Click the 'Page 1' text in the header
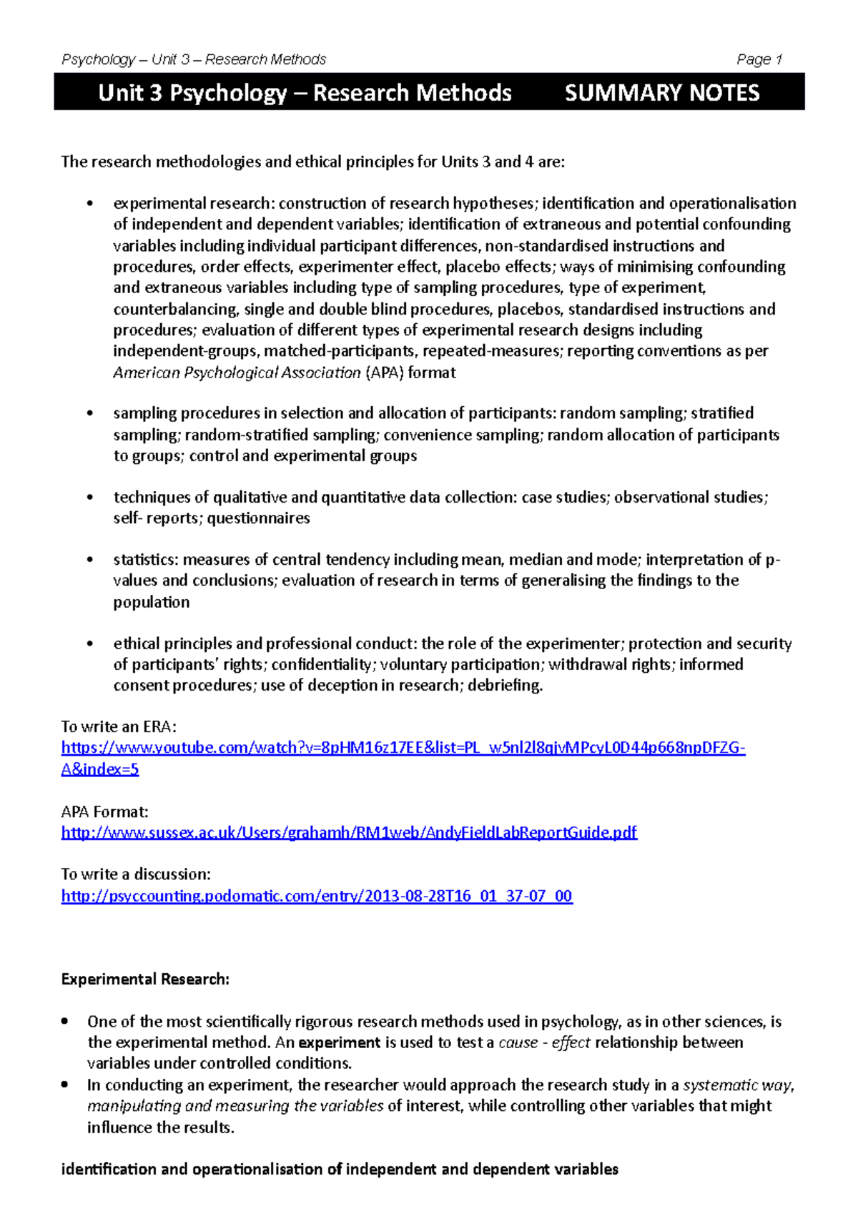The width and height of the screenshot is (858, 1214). (x=759, y=59)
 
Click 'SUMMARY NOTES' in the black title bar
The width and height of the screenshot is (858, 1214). (x=661, y=93)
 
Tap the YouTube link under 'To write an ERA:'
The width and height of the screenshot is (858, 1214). (x=403, y=748)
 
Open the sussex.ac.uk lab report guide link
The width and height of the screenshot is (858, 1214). (x=349, y=832)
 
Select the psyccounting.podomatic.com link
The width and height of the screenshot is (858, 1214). (x=317, y=896)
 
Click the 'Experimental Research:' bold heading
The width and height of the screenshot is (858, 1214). (x=145, y=979)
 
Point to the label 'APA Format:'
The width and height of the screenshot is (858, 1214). (x=104, y=811)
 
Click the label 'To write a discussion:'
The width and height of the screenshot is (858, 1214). (x=136, y=874)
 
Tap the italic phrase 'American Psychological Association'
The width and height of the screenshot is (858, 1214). (x=237, y=372)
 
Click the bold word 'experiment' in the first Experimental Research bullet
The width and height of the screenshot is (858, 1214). (x=339, y=1042)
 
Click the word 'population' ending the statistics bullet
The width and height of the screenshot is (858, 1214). (x=151, y=602)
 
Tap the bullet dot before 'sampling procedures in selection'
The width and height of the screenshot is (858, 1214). (x=89, y=413)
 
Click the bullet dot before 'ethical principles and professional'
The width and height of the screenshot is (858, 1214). (x=89, y=643)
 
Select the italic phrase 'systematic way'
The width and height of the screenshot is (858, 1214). (x=738, y=1085)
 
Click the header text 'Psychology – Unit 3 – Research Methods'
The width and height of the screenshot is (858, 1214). (x=194, y=59)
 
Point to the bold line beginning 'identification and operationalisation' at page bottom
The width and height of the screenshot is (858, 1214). (x=340, y=1170)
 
